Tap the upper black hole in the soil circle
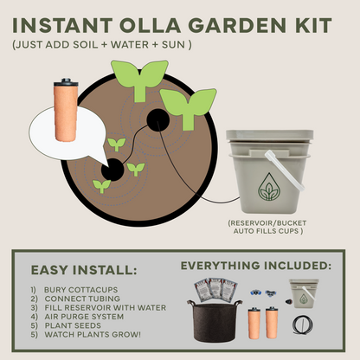tap(157, 122)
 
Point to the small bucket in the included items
tap(302, 294)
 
